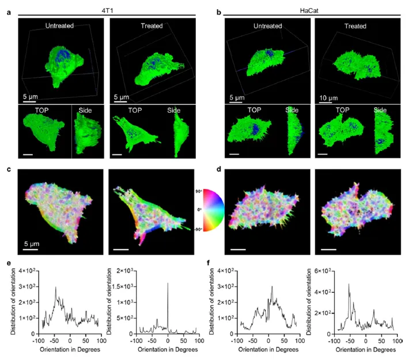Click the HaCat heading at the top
coord(308,5)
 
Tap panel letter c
coord(9,169)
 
